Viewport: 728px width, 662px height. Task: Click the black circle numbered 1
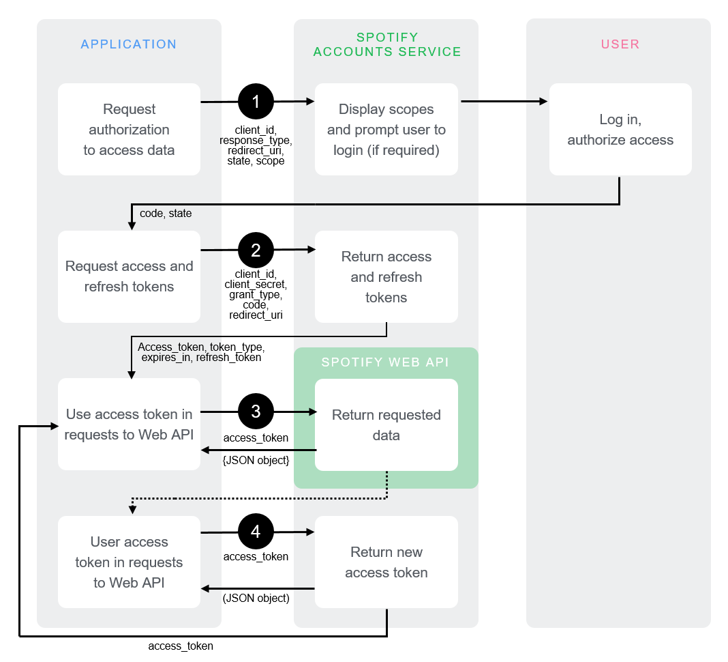point(256,102)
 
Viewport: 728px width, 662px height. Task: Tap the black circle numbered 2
point(256,250)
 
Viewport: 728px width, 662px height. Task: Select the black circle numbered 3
point(256,412)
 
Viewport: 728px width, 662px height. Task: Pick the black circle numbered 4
point(256,532)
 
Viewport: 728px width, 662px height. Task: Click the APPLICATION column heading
point(129,44)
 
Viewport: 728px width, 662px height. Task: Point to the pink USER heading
point(620,44)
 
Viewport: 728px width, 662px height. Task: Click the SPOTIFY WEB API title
point(385,362)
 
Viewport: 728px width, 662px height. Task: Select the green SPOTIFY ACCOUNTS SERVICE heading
point(386,44)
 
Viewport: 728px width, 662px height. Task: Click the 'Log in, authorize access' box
point(620,130)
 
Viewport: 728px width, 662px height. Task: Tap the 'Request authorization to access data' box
point(129,130)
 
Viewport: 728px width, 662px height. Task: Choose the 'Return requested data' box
point(386,424)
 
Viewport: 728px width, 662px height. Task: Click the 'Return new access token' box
point(386,562)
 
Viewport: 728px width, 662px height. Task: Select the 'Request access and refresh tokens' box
point(129,276)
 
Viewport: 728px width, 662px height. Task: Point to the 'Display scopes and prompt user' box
point(386,130)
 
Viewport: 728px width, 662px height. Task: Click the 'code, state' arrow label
point(166,214)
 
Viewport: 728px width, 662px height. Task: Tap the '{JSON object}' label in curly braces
point(256,461)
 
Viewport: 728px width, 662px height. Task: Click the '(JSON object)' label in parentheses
point(256,599)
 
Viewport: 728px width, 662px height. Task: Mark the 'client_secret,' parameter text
point(256,285)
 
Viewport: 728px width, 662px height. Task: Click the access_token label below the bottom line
point(181,646)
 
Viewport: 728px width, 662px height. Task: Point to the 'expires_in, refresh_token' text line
point(201,357)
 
